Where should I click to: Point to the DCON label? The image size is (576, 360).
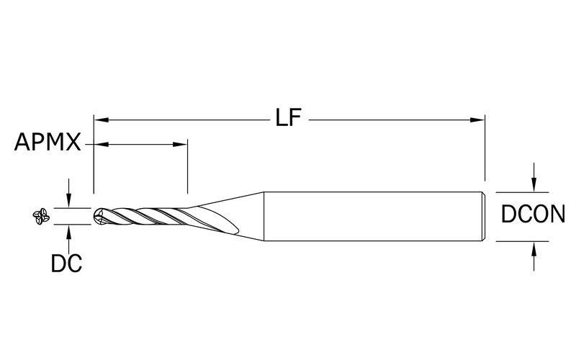click(x=534, y=215)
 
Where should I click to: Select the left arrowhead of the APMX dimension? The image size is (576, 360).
click(x=99, y=145)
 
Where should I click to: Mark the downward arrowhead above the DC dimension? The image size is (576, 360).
click(x=68, y=201)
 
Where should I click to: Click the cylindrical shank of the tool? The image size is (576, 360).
click(x=374, y=215)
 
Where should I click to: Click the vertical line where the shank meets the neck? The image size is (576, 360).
click(x=263, y=215)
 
